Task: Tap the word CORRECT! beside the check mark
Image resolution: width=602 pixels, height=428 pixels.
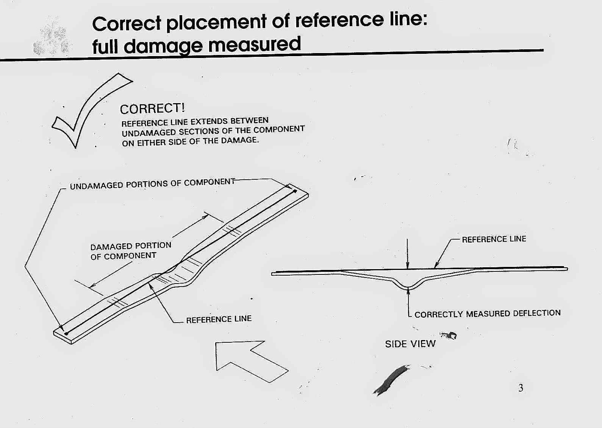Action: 152,109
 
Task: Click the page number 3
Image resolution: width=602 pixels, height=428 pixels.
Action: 521,388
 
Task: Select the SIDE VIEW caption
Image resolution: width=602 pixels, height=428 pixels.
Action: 410,344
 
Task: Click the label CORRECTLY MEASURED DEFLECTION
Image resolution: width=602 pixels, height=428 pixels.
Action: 488,314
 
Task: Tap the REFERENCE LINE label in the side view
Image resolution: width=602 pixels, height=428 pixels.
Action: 494,239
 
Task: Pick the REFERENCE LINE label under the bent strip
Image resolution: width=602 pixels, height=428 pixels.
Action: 219,319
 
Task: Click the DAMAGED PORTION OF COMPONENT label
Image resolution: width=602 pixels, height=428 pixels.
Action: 131,251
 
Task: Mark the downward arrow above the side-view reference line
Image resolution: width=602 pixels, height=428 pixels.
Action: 407,254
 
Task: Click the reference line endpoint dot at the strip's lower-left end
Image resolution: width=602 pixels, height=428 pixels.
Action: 66,334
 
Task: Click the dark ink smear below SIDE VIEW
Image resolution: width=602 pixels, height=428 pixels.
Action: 391,380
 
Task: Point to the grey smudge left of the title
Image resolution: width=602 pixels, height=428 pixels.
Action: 52,36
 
